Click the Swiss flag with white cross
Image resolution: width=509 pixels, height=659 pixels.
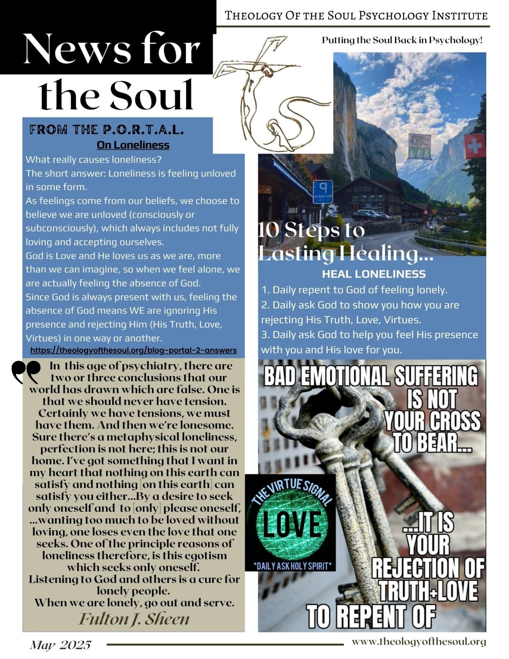[474, 146]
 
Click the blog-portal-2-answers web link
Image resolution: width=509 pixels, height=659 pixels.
[133, 350]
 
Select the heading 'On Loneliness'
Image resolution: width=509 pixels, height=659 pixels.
[133, 145]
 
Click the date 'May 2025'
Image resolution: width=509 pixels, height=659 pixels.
[60, 645]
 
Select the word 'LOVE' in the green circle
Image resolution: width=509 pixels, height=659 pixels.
[292, 524]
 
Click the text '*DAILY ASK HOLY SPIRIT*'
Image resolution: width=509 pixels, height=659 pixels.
[292, 565]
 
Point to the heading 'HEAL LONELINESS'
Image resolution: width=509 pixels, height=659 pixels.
[374, 274]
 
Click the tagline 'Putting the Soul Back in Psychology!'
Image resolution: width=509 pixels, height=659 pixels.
[402, 40]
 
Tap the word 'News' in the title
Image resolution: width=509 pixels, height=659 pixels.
[77, 49]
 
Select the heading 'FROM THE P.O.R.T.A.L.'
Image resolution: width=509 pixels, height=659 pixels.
[106, 129]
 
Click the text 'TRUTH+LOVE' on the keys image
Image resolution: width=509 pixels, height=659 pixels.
[428, 591]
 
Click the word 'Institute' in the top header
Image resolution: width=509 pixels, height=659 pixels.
[459, 16]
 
